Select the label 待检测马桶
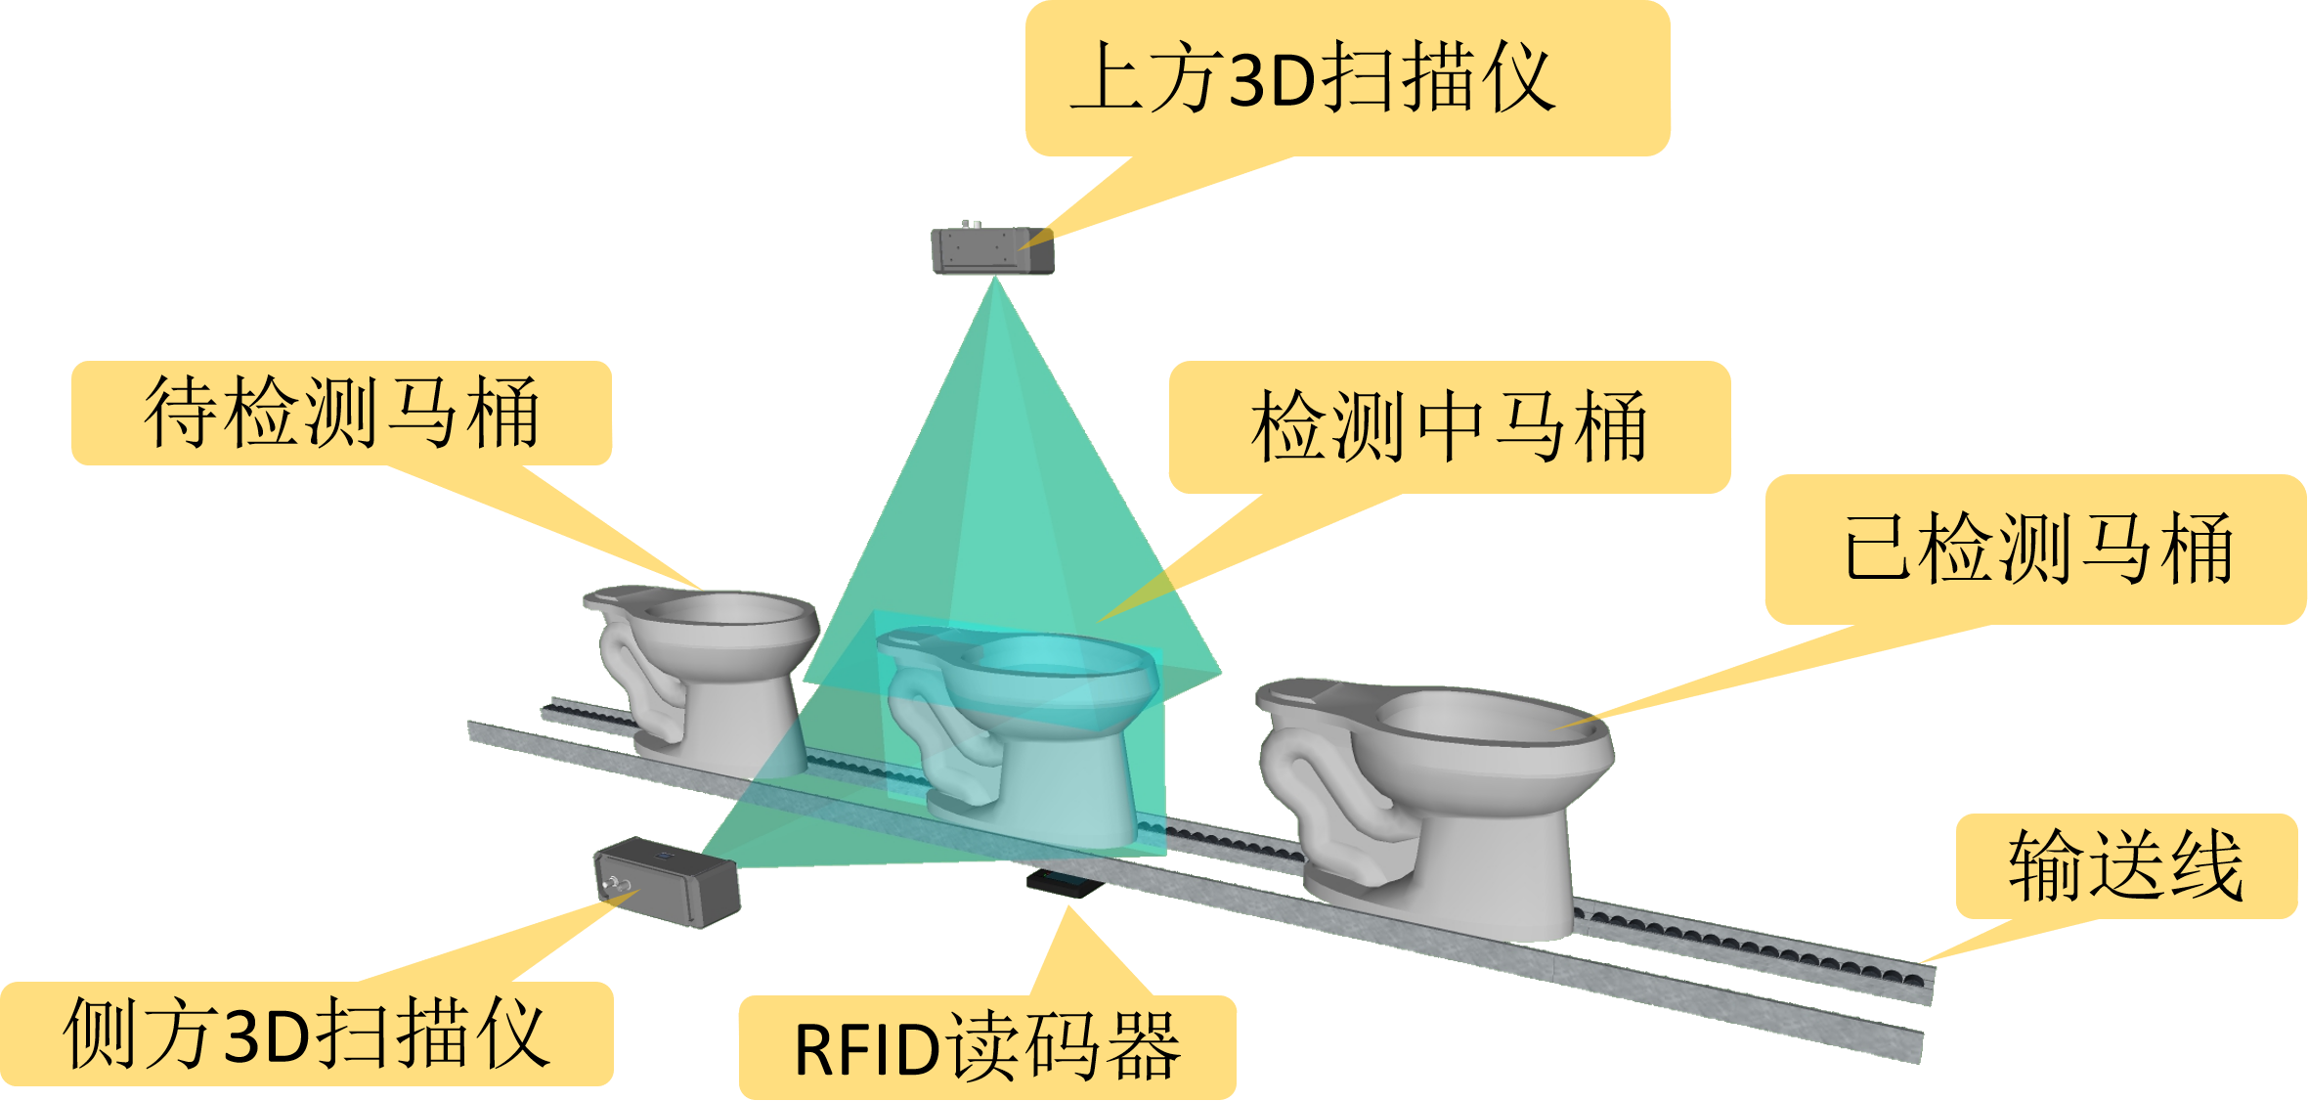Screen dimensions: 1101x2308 [341, 413]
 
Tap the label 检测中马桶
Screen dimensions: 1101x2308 [1449, 426]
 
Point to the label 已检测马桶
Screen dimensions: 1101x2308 [2037, 549]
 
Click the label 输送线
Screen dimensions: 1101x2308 [2125, 865]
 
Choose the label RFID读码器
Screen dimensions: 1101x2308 [987, 1048]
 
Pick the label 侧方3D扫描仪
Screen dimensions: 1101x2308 [306, 1034]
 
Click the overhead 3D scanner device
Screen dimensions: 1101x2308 [992, 251]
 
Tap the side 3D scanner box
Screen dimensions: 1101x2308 [667, 882]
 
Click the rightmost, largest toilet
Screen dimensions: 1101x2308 [1437, 802]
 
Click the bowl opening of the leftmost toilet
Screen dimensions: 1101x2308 [723, 610]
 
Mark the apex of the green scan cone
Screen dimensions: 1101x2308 [994, 278]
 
